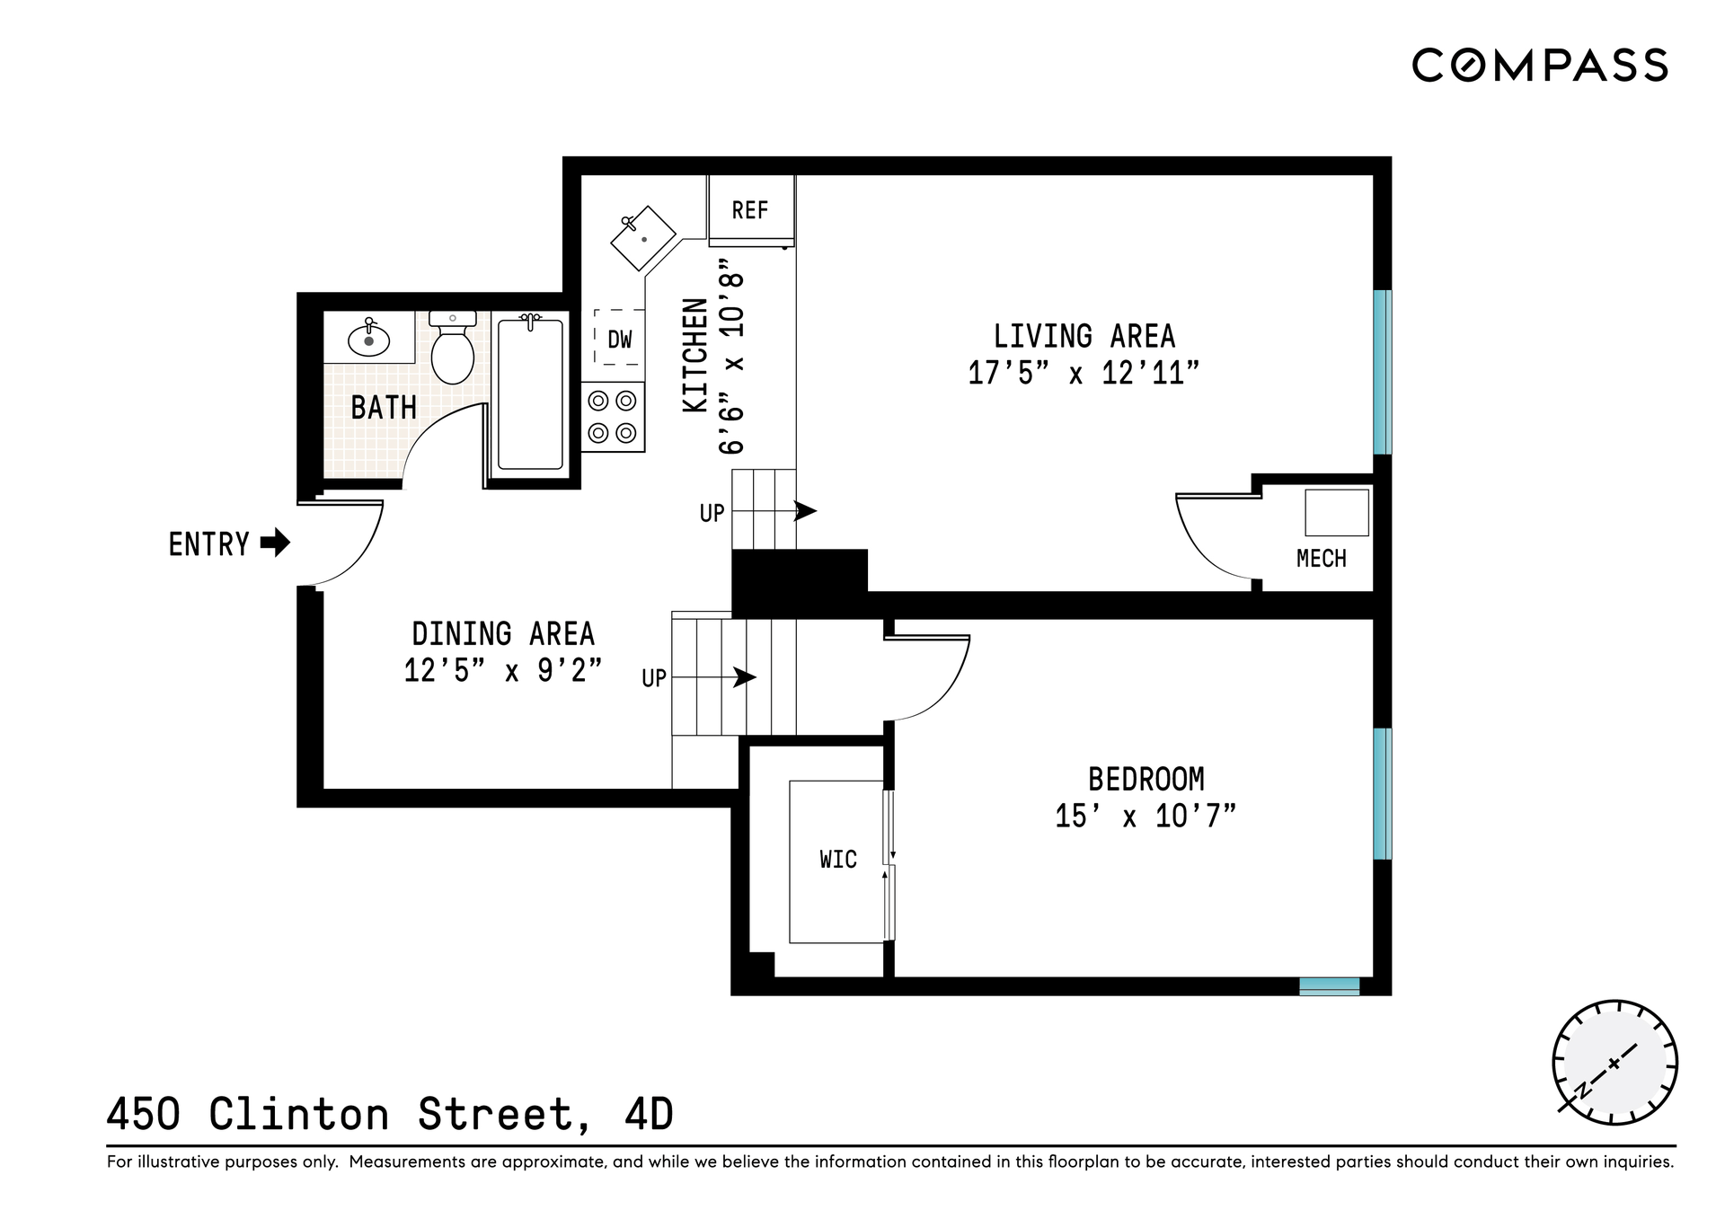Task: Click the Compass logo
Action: coord(1540,66)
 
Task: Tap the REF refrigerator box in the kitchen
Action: coord(751,209)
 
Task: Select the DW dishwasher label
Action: coord(620,340)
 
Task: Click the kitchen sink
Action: coord(642,238)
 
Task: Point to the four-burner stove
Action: coord(613,417)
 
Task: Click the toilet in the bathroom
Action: coord(453,348)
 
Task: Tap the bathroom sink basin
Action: coord(368,340)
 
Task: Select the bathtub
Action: coord(530,392)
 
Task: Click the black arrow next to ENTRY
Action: coord(275,543)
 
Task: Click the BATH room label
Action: coord(384,408)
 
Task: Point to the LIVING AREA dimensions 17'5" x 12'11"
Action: coord(1084,373)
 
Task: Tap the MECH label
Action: coord(1321,559)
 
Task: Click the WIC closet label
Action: coord(838,860)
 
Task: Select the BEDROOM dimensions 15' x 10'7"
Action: coord(1146,816)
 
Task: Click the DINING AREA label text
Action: coord(503,634)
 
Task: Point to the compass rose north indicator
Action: coord(1614,1063)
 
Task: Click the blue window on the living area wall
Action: coord(1383,372)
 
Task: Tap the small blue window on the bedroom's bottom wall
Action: coord(1330,986)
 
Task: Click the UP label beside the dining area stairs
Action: coord(654,678)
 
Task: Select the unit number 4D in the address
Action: coord(649,1115)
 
